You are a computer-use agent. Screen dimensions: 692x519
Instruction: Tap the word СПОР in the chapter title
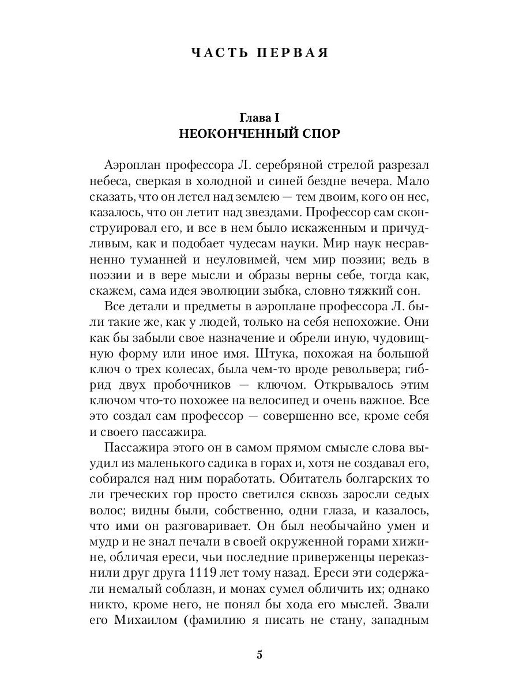click(316, 134)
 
